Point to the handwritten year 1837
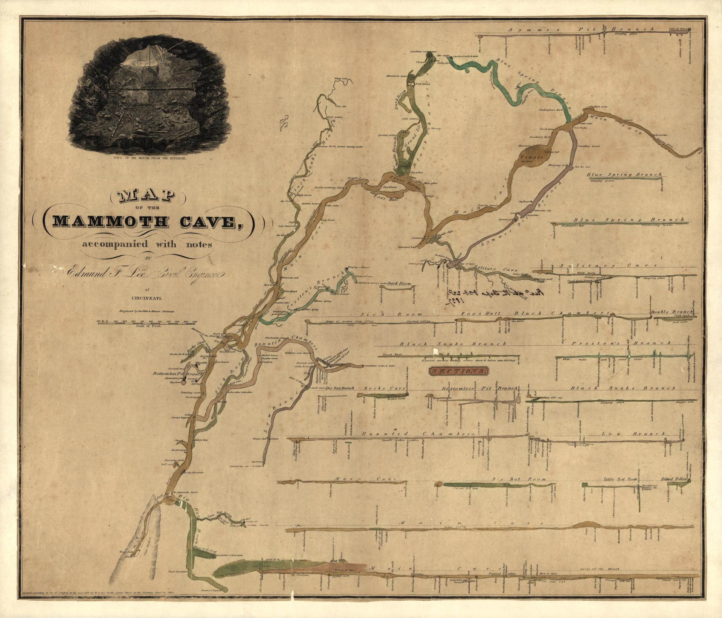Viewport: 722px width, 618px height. tap(456, 302)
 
